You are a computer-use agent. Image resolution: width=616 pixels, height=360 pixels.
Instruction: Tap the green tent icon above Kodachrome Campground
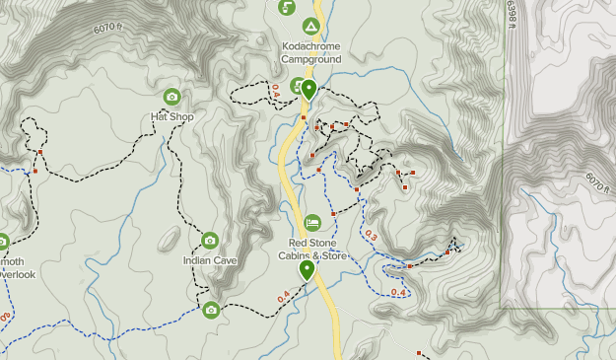pos(310,26)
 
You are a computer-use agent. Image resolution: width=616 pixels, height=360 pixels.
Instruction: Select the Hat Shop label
pos(171,116)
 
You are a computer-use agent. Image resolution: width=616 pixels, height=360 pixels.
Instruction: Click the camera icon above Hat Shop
pos(172,97)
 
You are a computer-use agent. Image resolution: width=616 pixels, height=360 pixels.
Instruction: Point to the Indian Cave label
pos(210,260)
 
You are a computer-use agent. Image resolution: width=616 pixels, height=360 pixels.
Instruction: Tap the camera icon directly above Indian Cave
pos(209,241)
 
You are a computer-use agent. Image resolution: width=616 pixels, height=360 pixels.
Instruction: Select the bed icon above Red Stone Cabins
pos(312,223)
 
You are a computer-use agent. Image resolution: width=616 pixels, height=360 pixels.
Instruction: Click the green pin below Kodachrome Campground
pos(308,90)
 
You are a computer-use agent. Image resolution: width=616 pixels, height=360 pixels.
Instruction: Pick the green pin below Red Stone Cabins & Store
pos(308,268)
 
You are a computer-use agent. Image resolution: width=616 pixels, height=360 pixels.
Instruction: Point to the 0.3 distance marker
pos(371,236)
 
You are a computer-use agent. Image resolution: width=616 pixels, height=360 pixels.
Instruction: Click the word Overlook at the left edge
pos(18,274)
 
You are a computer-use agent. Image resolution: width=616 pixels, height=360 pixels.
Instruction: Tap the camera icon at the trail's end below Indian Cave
pos(211,310)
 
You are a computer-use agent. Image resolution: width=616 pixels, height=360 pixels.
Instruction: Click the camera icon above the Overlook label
pos(3,241)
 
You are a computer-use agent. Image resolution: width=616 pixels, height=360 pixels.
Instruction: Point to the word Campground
pos(310,59)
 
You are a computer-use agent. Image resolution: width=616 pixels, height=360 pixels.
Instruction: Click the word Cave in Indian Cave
pos(225,260)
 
